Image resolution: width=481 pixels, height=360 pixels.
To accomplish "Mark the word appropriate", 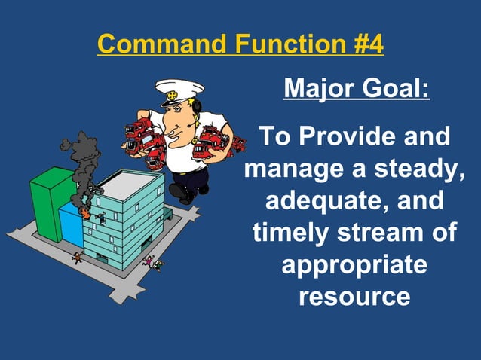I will tap(354, 266).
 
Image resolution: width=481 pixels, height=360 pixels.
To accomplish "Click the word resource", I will tap(354, 297).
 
